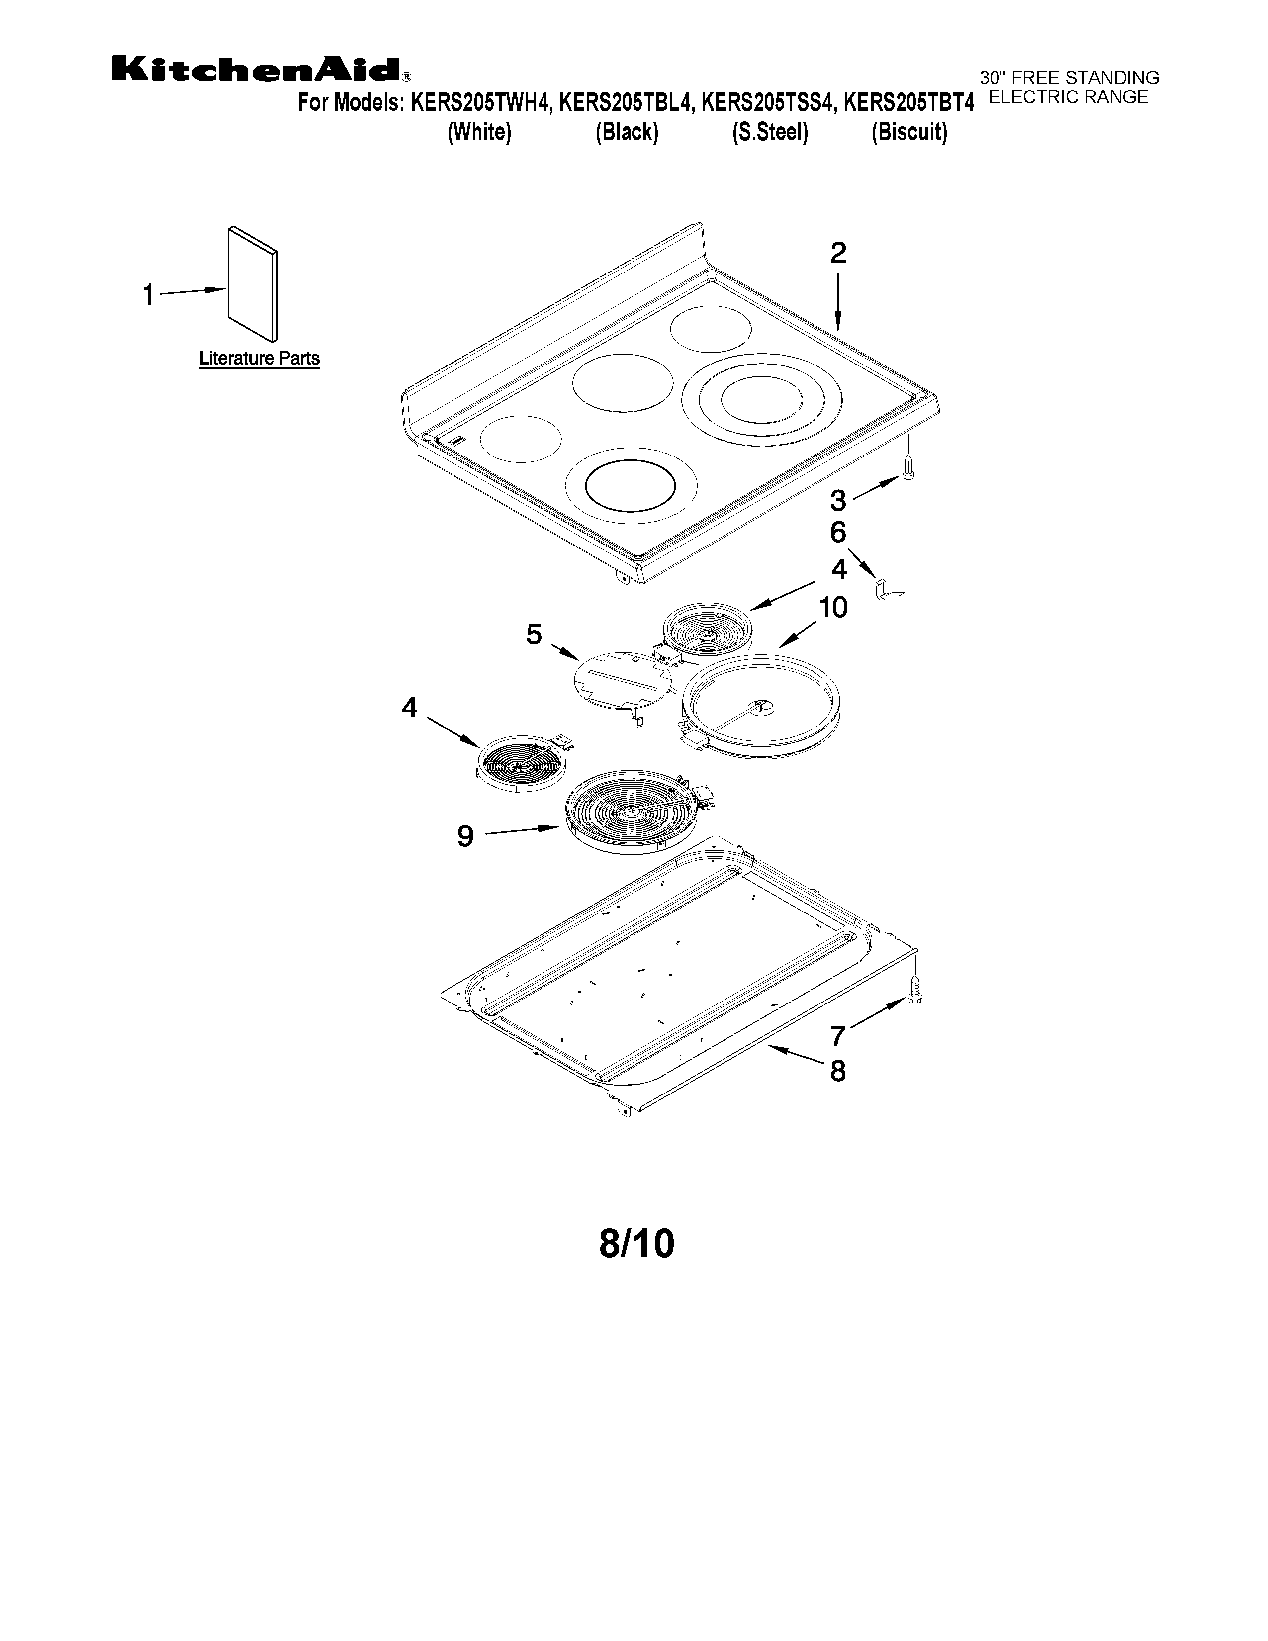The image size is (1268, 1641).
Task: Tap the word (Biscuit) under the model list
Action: (x=909, y=132)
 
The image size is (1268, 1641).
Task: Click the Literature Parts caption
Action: (x=259, y=359)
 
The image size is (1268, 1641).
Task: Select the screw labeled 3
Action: (x=908, y=469)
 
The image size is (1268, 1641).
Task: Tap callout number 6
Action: (x=837, y=533)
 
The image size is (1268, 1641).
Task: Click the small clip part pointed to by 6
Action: (x=887, y=590)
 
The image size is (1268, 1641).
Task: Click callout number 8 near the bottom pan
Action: (x=837, y=1071)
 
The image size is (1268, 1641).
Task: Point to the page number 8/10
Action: (x=636, y=1244)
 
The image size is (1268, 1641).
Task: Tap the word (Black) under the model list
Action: (x=627, y=132)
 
